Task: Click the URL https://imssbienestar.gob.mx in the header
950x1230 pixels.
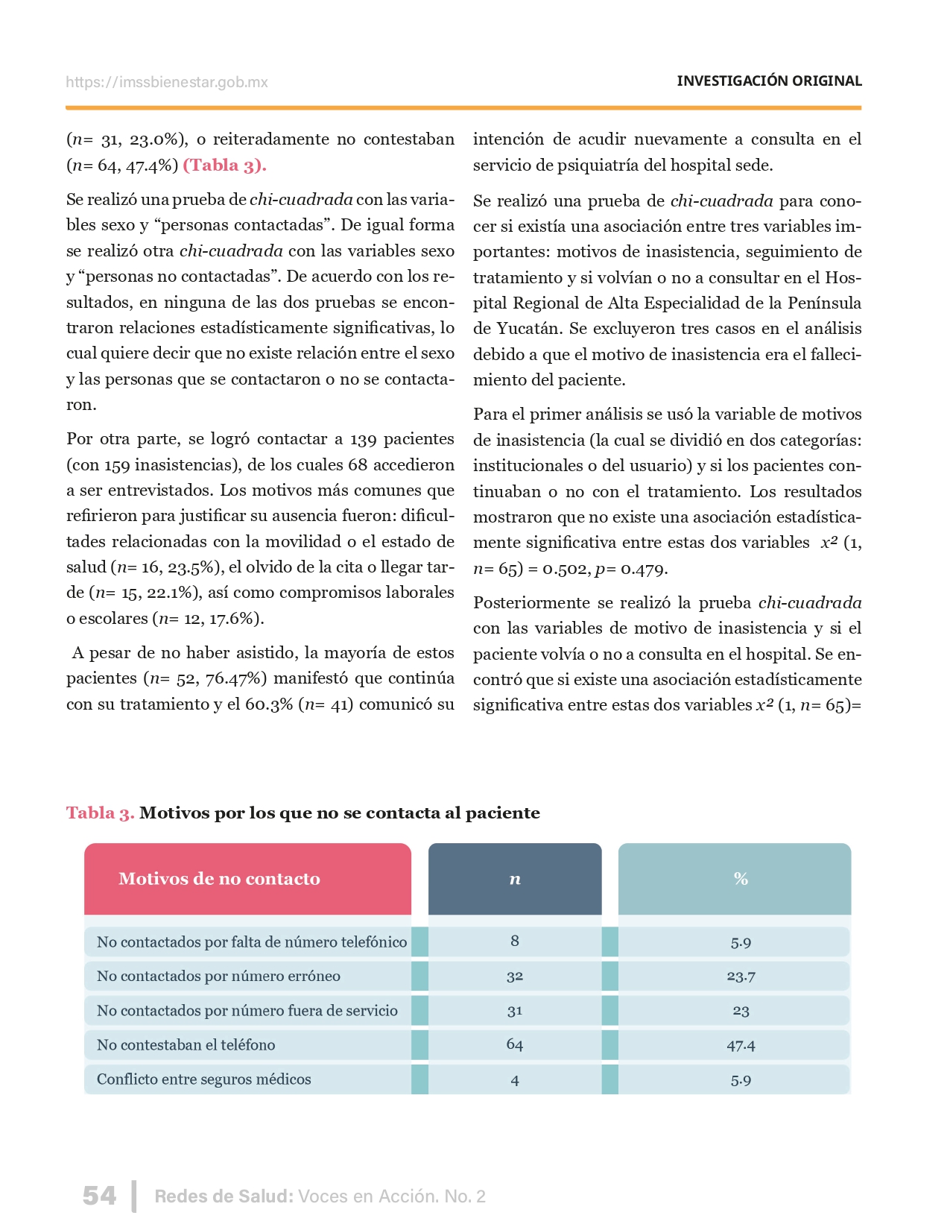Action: point(166,82)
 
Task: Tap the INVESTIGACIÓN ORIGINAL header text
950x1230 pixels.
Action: point(769,81)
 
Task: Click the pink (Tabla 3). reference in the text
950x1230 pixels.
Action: point(224,165)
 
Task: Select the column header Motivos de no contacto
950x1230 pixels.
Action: point(219,879)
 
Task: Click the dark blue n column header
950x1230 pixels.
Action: point(515,879)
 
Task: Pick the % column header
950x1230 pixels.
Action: point(740,879)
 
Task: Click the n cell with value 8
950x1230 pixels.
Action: point(515,942)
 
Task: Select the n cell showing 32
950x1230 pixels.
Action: point(515,977)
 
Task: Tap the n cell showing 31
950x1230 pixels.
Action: point(515,1011)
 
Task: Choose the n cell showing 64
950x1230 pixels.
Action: point(515,1045)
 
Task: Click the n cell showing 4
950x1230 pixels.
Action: point(515,1080)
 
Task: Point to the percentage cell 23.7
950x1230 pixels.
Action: point(741,977)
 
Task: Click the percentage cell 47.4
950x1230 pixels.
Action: point(741,1045)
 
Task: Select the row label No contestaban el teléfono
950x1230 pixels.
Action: point(186,1045)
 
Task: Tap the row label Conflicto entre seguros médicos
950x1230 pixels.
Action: point(204,1079)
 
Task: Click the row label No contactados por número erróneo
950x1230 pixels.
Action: point(218,977)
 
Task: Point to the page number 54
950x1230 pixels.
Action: point(99,1196)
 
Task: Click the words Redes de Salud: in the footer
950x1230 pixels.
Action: point(224,1196)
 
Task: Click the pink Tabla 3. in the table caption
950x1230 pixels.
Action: point(100,813)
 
